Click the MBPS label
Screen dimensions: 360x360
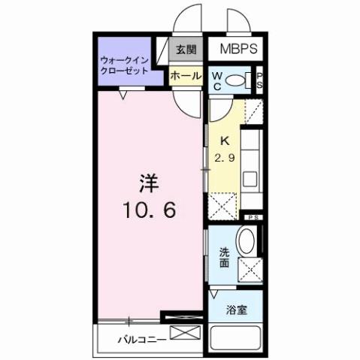(238, 50)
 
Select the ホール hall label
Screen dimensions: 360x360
(185, 75)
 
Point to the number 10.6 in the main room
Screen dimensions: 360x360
(150, 211)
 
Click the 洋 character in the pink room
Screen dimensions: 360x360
(149, 183)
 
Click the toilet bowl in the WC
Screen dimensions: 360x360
(239, 80)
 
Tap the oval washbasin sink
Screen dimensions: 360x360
(247, 242)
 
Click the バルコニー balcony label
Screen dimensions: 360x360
(141, 339)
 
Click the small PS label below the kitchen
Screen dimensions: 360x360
(253, 217)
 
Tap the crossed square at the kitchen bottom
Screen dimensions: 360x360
(223, 204)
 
